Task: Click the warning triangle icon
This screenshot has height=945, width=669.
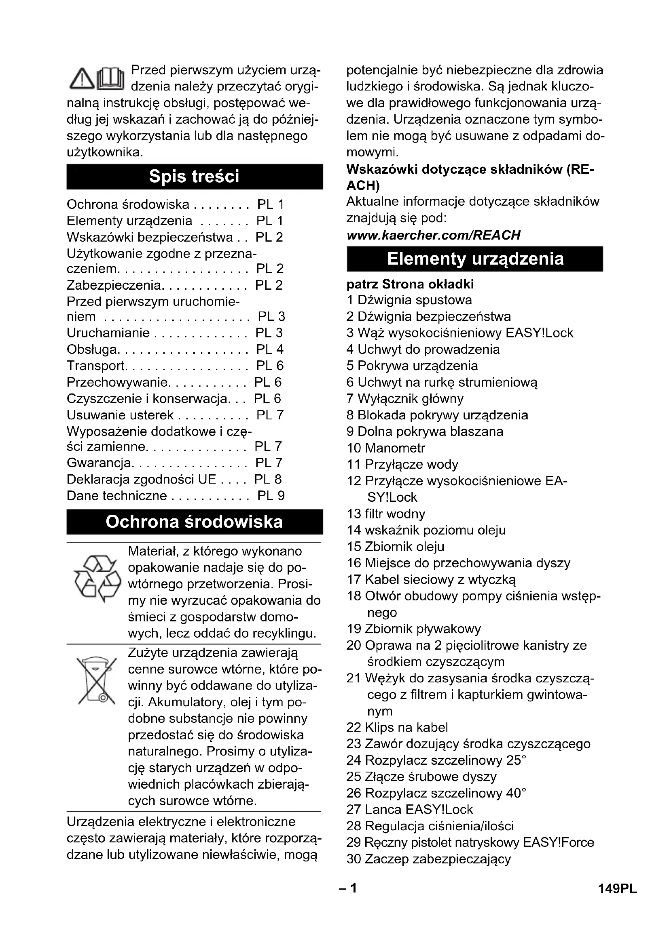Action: pos(82,79)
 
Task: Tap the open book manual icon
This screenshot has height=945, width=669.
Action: pos(110,78)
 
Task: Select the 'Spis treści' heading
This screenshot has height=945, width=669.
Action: pos(194,177)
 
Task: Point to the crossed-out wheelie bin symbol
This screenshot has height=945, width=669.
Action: pos(97,680)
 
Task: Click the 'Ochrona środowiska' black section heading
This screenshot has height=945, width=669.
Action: pos(194,522)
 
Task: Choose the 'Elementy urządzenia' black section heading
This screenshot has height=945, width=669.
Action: pos(475,259)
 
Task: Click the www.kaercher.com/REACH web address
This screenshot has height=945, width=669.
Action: pos(433,235)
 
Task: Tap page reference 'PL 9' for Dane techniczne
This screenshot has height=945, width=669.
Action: pos(271,496)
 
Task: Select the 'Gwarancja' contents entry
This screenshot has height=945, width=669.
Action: pos(99,463)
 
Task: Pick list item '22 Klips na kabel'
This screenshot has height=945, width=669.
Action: pos(397,727)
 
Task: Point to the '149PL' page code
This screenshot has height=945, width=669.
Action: pos(618,889)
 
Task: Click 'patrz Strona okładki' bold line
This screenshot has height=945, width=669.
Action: pos(410,284)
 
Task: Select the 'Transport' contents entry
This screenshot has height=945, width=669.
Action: pos(96,366)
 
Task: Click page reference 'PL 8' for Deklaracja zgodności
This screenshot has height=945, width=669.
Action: pos(268,479)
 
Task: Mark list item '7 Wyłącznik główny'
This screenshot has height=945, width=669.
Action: pos(405,398)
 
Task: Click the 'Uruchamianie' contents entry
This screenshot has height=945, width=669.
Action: pos(108,333)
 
